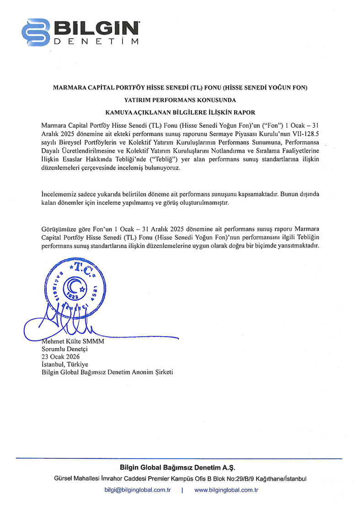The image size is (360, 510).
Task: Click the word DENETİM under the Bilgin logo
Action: (97, 42)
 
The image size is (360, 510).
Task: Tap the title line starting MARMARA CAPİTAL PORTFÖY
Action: (180, 87)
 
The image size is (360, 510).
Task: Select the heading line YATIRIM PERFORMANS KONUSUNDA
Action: (180, 99)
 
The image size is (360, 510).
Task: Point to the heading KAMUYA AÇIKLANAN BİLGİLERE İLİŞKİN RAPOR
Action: (180, 112)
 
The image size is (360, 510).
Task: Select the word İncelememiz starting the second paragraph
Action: (58, 194)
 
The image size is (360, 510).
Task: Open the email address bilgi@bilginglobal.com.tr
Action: (138, 490)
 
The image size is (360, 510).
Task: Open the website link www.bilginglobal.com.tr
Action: (226, 490)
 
